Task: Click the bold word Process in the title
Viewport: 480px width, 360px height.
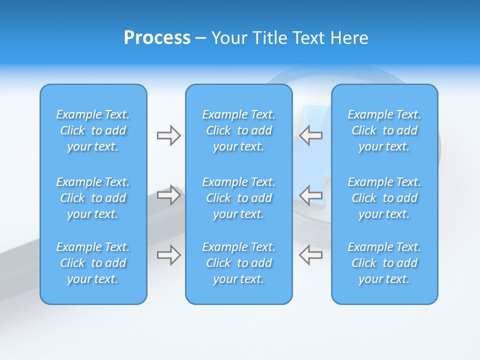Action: [157, 38]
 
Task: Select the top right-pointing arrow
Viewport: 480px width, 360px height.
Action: [168, 135]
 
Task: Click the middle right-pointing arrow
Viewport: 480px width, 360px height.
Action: [168, 195]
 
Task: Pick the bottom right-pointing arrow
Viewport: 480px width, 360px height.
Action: [168, 255]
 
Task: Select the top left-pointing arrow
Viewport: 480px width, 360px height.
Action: [311, 135]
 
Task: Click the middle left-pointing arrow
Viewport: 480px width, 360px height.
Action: [311, 195]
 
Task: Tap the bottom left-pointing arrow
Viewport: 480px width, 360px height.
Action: [311, 255]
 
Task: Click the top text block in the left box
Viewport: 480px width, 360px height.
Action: [93, 130]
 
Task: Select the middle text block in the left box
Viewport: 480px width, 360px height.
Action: [93, 198]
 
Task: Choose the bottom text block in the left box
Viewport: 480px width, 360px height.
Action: [93, 263]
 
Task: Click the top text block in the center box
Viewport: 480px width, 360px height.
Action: [239, 130]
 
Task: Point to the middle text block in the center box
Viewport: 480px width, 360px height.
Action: [239, 198]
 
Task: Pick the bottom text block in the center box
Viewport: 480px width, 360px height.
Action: [239, 263]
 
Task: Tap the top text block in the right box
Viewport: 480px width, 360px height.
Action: [384, 130]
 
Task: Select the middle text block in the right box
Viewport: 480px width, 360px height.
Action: [384, 198]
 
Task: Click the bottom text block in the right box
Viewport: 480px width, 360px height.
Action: [384, 263]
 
